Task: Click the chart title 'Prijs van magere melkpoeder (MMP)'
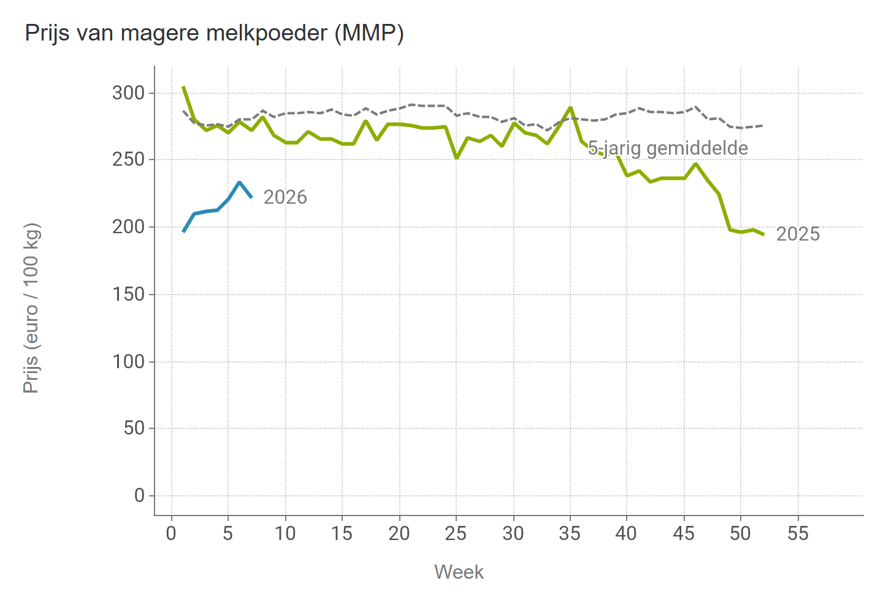coord(214,33)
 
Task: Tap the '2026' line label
coord(285,197)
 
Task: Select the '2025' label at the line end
coord(798,234)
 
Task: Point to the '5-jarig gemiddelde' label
coord(668,148)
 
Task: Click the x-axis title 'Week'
coord(459,572)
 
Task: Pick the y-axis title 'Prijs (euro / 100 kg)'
coord(31,308)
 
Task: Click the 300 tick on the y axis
coord(128,93)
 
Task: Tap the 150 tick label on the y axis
coord(128,295)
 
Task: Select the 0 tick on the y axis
coord(139,495)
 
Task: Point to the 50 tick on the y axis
coord(134,428)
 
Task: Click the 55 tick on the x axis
coord(798,533)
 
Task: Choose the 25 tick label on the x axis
coord(456,533)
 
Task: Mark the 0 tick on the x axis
coord(171,533)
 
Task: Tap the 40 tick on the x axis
coord(627,533)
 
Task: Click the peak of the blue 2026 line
coord(239,182)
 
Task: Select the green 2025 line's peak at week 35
coord(570,108)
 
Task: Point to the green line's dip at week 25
coord(456,158)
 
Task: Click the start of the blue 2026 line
coord(183,231)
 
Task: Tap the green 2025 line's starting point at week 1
coord(183,87)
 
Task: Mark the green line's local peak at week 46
coord(695,164)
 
